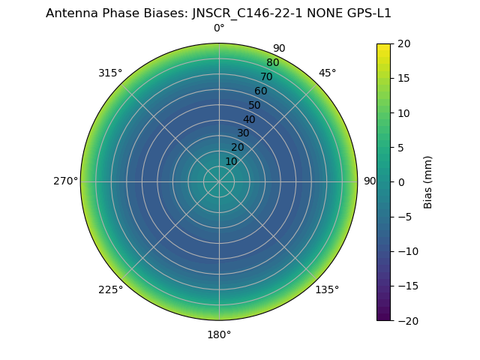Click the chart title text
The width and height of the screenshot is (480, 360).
point(218,13)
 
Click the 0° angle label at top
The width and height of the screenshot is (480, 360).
point(219,28)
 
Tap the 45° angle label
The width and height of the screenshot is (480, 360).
point(328,73)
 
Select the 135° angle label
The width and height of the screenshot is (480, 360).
point(327,289)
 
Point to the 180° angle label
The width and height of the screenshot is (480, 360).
point(219,334)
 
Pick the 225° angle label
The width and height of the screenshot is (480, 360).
point(110,289)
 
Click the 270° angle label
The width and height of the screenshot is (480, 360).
point(65,181)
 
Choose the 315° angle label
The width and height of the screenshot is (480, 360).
point(110,73)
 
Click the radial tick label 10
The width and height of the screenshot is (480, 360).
point(231,162)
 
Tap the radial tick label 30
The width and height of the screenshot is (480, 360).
point(243,133)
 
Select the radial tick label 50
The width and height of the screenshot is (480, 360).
point(255,105)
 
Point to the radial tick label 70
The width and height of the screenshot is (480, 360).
point(266,76)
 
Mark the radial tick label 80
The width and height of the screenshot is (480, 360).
point(272,62)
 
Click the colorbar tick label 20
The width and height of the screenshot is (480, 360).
point(403,43)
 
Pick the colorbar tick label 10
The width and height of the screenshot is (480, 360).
point(403,112)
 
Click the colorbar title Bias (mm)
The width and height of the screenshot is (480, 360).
point(428,182)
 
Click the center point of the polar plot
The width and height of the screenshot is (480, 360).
point(219,181)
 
